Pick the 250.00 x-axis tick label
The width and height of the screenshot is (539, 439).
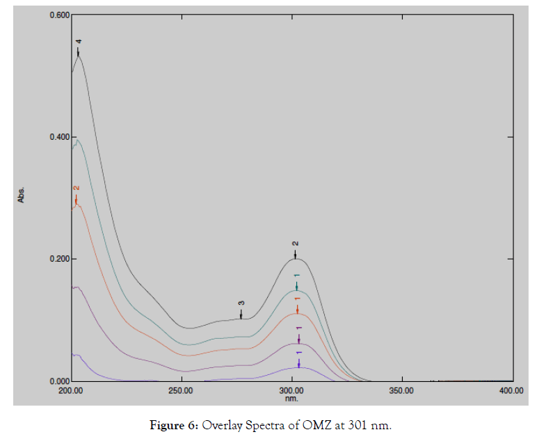[x=181, y=392]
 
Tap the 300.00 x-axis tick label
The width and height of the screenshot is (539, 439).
[x=291, y=392]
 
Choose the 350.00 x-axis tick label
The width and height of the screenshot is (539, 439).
[x=401, y=392]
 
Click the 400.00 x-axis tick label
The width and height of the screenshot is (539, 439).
[x=511, y=392]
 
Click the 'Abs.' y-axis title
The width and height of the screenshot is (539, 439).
[x=22, y=195]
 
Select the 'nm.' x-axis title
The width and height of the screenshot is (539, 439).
[x=291, y=399]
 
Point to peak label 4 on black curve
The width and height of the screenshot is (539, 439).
[x=79, y=42]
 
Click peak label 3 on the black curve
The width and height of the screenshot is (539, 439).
[x=241, y=303]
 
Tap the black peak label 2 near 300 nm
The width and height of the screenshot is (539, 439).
[x=295, y=244]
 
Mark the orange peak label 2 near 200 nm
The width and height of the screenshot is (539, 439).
[x=77, y=189]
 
